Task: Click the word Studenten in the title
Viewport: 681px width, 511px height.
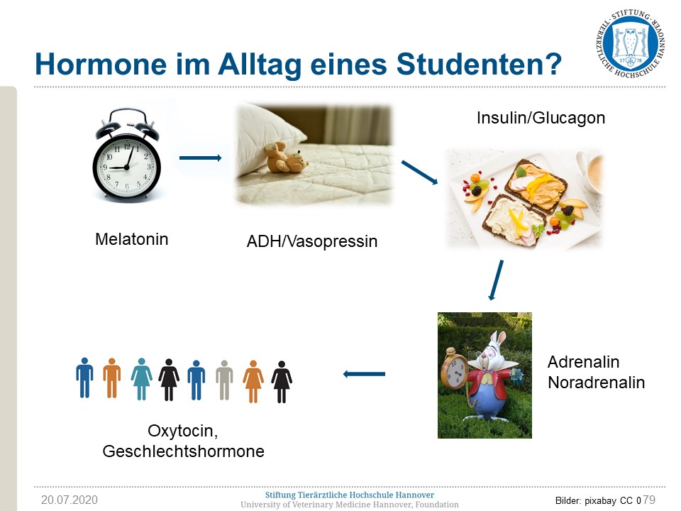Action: coord(479,64)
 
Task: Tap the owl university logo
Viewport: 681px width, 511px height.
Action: coord(631,43)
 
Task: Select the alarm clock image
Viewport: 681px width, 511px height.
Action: coord(126,155)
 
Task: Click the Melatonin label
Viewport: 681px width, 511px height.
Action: coord(132,239)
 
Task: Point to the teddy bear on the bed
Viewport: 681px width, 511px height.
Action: coord(287,158)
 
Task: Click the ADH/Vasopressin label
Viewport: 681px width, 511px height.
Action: coord(312,241)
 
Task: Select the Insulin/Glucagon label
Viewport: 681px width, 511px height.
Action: coord(541,118)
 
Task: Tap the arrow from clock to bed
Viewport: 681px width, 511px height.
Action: coord(201,158)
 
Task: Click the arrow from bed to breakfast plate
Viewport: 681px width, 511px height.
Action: coord(419,172)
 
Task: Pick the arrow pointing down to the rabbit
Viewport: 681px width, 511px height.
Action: coord(496,280)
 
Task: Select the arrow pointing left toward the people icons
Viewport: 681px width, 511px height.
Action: coord(364,374)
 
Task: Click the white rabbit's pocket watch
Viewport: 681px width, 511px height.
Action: coord(454,370)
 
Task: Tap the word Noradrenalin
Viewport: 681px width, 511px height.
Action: coord(597,383)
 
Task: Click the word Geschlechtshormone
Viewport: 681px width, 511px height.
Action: coord(183,451)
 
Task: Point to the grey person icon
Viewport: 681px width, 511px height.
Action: coord(224,380)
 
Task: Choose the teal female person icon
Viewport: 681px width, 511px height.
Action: coord(142,379)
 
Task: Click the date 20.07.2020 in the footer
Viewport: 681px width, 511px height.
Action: coord(70,500)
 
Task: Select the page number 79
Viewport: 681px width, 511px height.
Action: coord(649,500)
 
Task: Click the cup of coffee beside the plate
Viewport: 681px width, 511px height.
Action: coord(592,172)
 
